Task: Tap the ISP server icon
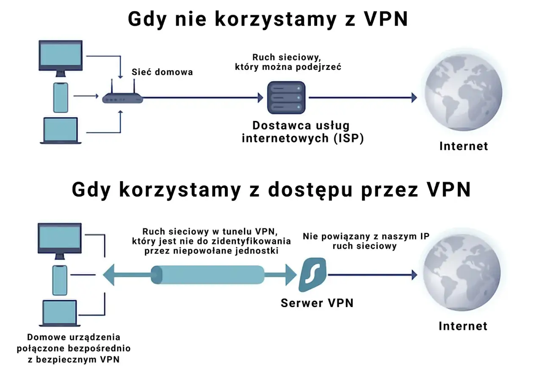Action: pos(286,98)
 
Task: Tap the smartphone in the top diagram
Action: pos(61,97)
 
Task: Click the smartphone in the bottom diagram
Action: pos(60,280)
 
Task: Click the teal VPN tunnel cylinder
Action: pos(208,275)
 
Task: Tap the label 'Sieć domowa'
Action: pos(162,72)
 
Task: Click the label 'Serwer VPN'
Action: pos(317,303)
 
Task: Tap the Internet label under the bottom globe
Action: pos(463,326)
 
